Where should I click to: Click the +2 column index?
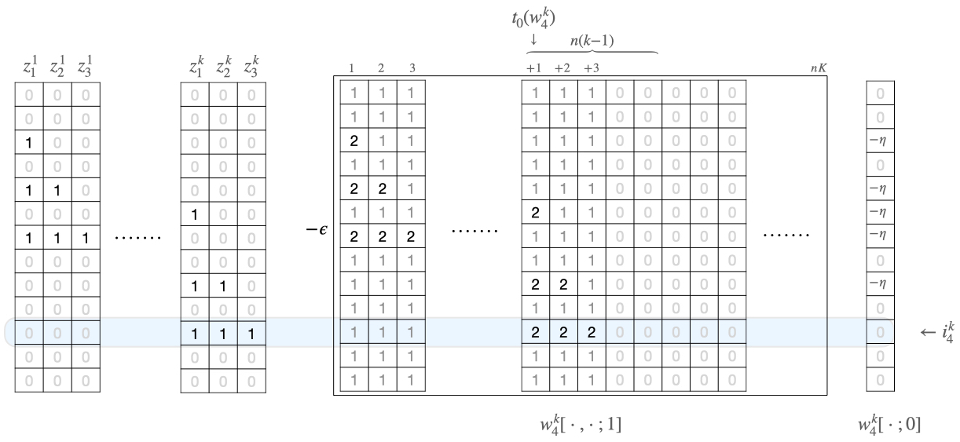point(562,68)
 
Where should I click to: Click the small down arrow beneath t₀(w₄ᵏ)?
point(533,38)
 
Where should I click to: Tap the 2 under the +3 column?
point(590,332)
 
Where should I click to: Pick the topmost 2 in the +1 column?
point(534,213)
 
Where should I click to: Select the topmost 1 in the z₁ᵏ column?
point(194,213)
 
